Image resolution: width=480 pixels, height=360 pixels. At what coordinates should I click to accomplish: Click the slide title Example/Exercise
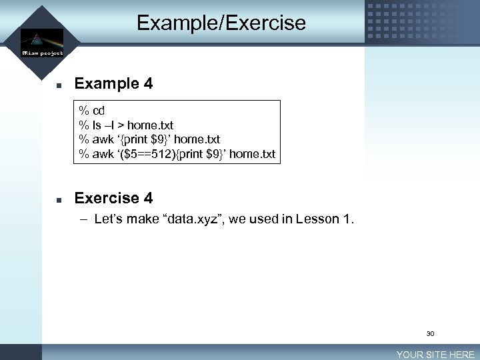coord(221,23)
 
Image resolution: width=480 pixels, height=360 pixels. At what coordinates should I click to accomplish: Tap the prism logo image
coord(41,38)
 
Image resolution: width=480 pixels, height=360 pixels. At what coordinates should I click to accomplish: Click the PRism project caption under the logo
coord(42,53)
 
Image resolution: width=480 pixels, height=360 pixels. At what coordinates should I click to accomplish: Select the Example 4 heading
coord(113,84)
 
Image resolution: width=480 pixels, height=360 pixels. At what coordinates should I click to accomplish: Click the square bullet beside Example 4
coord(59,85)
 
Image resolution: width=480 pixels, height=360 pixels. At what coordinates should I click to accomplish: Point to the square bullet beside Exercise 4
coord(59,199)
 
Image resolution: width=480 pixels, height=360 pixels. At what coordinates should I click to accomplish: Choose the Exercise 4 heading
coord(113,198)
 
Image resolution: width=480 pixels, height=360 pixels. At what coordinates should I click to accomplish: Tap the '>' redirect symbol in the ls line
coord(121,125)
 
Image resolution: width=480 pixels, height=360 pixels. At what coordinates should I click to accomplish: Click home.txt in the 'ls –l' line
coord(150,125)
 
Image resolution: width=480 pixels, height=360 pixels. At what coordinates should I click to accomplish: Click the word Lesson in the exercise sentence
coord(317,219)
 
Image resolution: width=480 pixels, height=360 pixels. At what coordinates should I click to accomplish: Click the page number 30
coord(430,333)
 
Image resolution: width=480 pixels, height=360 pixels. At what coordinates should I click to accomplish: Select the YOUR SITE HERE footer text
coord(435,355)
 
